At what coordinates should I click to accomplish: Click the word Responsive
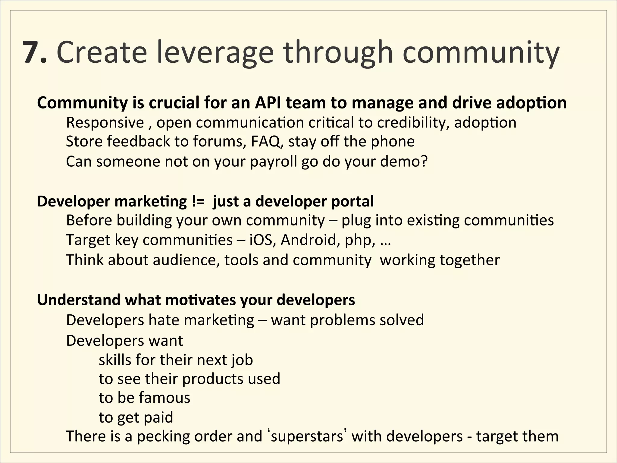click(105, 123)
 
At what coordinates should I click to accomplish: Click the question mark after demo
click(424, 162)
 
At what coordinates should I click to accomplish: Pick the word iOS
click(262, 240)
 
